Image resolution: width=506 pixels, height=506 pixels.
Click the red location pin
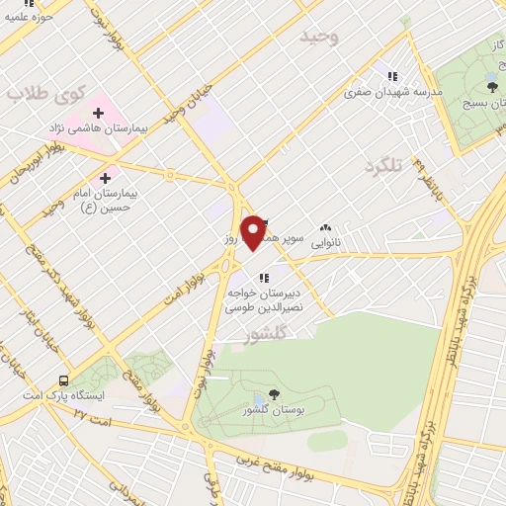pos(255,232)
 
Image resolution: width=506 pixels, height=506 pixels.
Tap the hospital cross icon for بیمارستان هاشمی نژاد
pos(98,113)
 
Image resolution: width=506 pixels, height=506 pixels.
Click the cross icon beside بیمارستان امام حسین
pos(132,179)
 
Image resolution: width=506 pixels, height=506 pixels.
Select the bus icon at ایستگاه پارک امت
pos(64,380)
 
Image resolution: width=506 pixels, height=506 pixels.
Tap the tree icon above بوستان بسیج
pos(492,87)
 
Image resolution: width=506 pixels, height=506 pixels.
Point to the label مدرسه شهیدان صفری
pos(389,92)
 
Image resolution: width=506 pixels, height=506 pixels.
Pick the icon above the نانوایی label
pos(326,227)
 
